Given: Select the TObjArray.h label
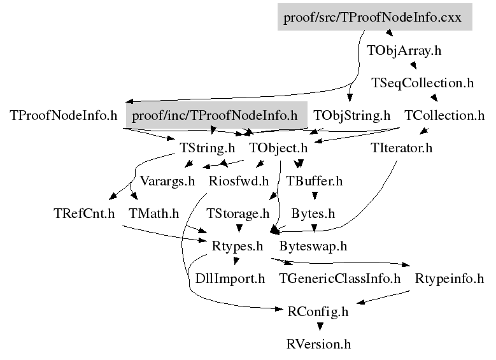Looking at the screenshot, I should coord(404,50).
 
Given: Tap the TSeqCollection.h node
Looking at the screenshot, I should coord(423,83).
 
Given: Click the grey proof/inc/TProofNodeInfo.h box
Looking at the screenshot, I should coord(215,115).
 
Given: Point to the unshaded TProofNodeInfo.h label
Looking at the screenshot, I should coord(64,115).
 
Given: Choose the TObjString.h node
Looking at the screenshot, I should coord(351,115).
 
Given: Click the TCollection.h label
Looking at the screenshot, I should coord(444,115).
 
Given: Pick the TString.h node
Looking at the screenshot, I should coord(208,148).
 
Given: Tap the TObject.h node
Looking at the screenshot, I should coord(278,148).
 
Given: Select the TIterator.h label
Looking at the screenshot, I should coord(401,148).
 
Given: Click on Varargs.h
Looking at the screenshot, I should coord(167,180).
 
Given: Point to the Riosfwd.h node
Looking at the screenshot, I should coord(239,180).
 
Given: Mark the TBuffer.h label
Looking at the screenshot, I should coord(315,180).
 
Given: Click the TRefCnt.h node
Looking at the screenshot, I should coord(84,213).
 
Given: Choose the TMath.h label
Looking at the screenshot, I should coord(153,213).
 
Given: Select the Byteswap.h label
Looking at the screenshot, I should coord(313,245).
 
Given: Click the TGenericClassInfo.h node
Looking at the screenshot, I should coord(340,278).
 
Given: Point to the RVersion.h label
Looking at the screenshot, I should coord(318,344).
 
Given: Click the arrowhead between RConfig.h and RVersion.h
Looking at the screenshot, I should coord(318,328).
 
